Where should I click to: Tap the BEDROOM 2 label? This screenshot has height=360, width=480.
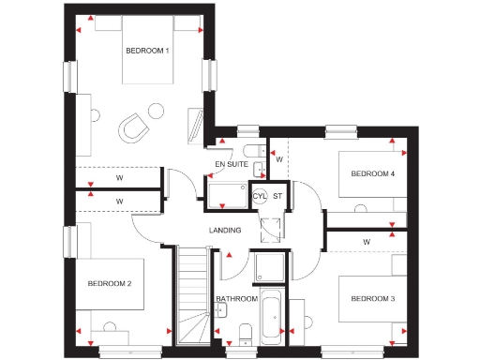pyautogui.click(x=110, y=282)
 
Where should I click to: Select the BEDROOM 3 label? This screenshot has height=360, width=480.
pyautogui.click(x=373, y=299)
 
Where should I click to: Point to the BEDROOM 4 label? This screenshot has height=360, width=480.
pyautogui.click(x=373, y=173)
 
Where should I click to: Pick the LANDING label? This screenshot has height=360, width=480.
pyautogui.click(x=225, y=230)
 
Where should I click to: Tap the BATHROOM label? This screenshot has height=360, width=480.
pyautogui.click(x=236, y=299)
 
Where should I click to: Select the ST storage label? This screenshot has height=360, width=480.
pyautogui.click(x=278, y=196)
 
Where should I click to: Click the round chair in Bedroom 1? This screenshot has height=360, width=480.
pyautogui.click(x=137, y=126)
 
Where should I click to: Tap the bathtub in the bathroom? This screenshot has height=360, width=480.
pyautogui.click(x=274, y=317)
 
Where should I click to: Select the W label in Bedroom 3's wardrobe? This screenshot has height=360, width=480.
pyautogui.click(x=366, y=241)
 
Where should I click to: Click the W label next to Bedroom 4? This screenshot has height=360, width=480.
pyautogui.click(x=279, y=159)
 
